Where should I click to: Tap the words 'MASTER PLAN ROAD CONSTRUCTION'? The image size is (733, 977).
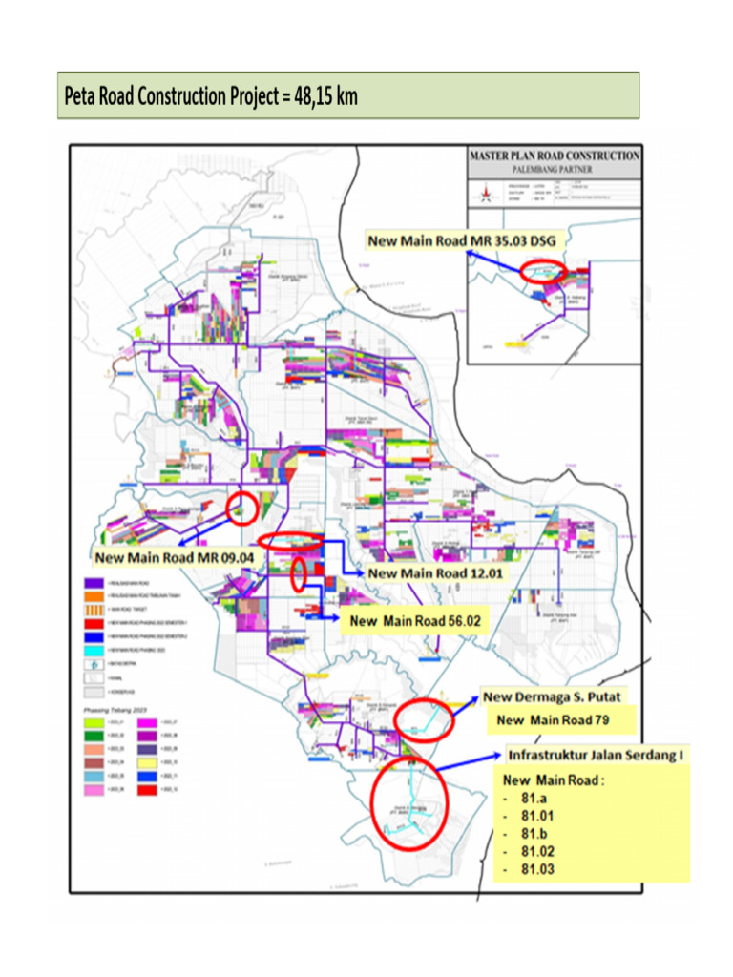555,156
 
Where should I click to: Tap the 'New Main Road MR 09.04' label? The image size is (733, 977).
173,556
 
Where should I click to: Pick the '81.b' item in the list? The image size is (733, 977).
534,834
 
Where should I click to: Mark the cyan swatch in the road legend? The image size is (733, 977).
94,649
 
